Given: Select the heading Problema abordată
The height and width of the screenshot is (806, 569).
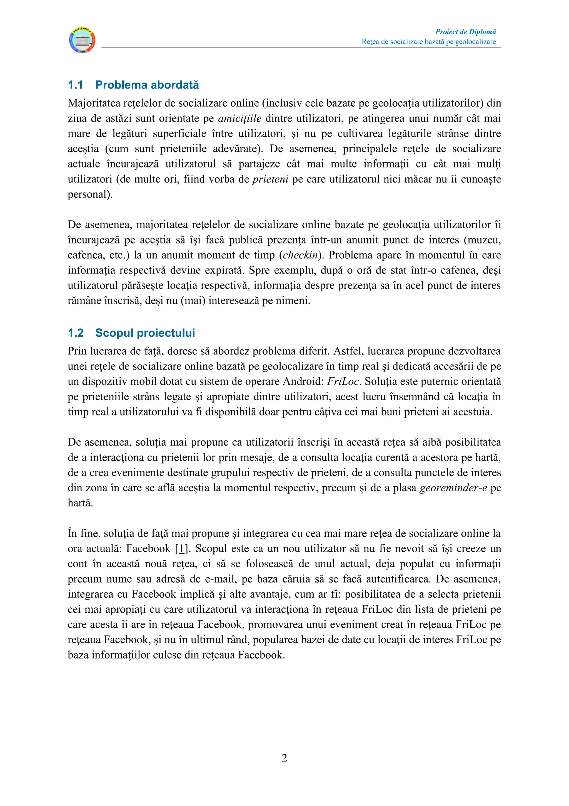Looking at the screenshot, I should tap(147, 85).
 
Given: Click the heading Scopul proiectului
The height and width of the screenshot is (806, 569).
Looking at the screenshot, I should tap(145, 333).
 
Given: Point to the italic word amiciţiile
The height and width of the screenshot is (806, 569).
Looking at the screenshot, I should tap(239, 118).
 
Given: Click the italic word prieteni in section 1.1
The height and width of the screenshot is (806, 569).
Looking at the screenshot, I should tap(270, 179).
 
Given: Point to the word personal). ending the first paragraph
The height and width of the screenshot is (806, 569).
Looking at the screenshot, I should tap(90, 194).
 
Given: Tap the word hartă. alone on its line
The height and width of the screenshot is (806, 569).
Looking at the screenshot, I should tap(80, 503).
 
